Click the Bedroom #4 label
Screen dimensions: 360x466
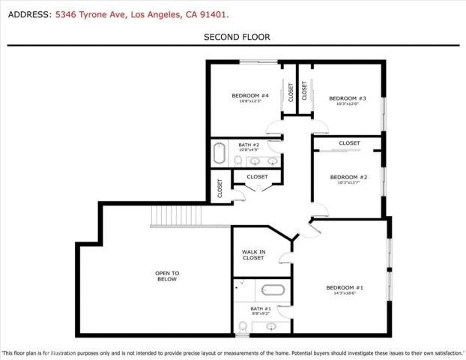pos(244,95)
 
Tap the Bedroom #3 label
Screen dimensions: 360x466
pos(348,98)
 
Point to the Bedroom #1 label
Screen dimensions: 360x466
pos(345,288)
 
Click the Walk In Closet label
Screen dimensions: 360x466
pos(253,255)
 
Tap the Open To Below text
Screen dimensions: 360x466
pos(166,276)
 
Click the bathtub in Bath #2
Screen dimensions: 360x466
pos(219,154)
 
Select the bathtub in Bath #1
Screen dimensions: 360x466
pos(268,289)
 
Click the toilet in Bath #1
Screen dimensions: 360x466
pos(243,326)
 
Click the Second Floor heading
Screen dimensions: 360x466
pos(237,37)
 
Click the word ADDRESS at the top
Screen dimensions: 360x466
pos(27,14)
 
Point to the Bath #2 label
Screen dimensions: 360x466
pos(249,145)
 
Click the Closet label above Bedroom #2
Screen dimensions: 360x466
pos(349,142)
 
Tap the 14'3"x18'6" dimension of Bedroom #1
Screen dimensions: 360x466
pos(345,294)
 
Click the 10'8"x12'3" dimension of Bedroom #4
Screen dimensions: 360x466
pos(244,101)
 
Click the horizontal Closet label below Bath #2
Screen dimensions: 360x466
pos(257,177)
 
